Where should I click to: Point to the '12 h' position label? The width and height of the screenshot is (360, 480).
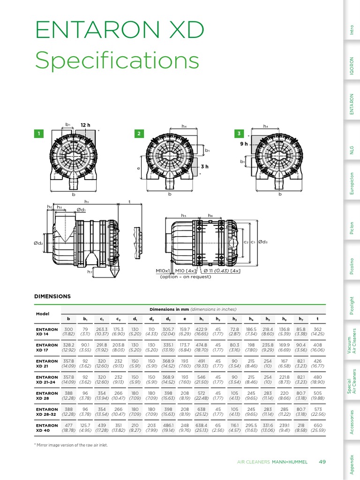pyautogui.click(x=85, y=125)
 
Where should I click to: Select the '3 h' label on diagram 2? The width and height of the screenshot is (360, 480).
pyautogui.click(x=204, y=166)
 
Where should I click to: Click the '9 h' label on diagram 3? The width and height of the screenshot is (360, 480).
pyautogui.click(x=243, y=144)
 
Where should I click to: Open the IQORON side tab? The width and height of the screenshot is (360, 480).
pyautogui.click(x=352, y=66)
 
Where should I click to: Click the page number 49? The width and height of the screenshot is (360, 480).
pyautogui.click(x=322, y=462)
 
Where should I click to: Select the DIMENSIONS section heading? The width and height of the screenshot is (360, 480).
pyautogui.click(x=52, y=296)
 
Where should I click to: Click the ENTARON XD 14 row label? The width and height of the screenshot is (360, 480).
pyautogui.click(x=46, y=332)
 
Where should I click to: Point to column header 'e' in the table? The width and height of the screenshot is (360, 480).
pyautogui.click(x=185, y=319)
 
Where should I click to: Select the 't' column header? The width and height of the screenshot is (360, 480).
pyautogui.click(x=317, y=319)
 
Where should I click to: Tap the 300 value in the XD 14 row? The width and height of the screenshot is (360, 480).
pyautogui.click(x=69, y=330)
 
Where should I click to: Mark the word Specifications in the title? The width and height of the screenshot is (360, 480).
pyautogui.click(x=117, y=61)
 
